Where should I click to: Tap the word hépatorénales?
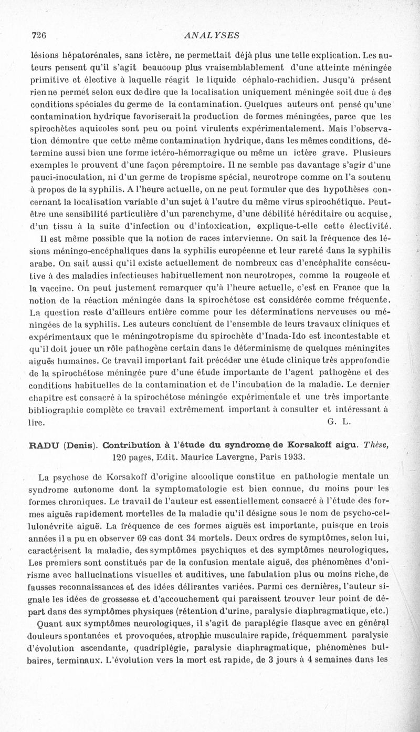pos(87,54)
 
